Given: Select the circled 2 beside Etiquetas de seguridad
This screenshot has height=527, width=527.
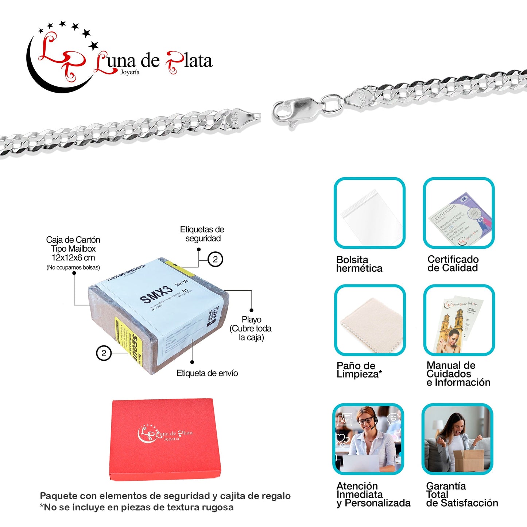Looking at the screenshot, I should [x=215, y=259].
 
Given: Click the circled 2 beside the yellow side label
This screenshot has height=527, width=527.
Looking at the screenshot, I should [x=104, y=353].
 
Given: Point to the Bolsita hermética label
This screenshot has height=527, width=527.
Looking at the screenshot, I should [x=359, y=264].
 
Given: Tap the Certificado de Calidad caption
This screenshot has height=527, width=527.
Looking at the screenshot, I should [x=453, y=264].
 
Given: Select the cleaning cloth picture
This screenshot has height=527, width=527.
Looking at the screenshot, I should [x=370, y=325].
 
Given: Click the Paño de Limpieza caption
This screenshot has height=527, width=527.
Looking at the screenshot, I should [x=359, y=370].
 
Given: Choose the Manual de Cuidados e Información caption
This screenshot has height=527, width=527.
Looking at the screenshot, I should [x=458, y=374].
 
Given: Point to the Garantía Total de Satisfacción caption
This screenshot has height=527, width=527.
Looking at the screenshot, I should [x=462, y=495].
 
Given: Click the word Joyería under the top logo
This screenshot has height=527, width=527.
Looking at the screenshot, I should [x=130, y=72].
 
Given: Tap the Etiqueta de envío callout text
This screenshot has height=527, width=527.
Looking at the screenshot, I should [x=207, y=373].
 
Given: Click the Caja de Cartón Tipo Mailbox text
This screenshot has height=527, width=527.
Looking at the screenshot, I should [x=73, y=249].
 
